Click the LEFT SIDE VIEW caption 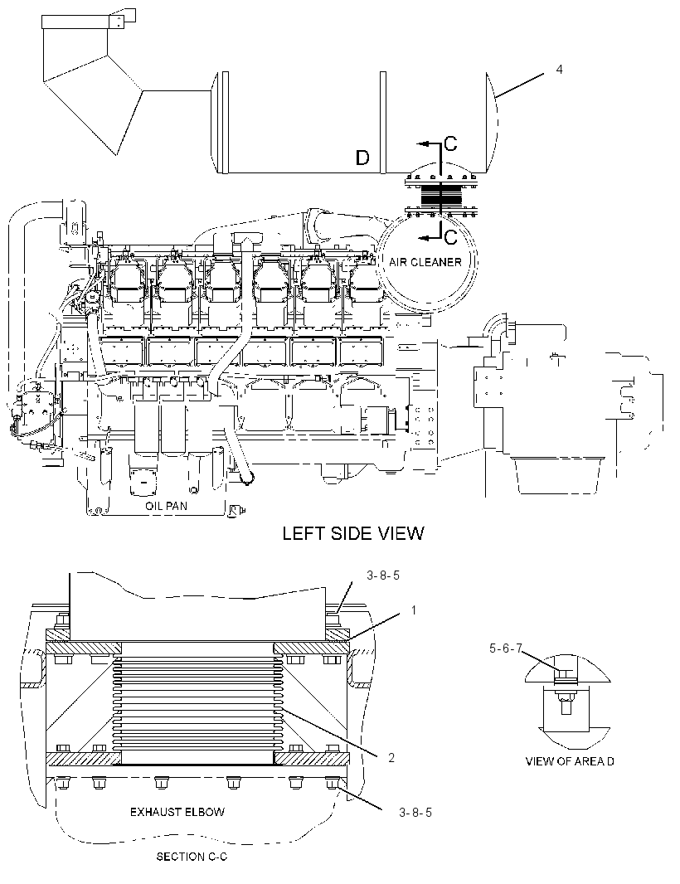(x=353, y=533)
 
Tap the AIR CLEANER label (x=425, y=262)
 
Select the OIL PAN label (x=166, y=507)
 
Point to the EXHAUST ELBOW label (x=177, y=813)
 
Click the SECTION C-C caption (x=192, y=857)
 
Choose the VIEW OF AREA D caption (x=570, y=761)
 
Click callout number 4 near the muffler (x=559, y=70)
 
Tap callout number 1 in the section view (x=413, y=610)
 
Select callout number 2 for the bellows (x=391, y=758)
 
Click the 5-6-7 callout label (x=506, y=649)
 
